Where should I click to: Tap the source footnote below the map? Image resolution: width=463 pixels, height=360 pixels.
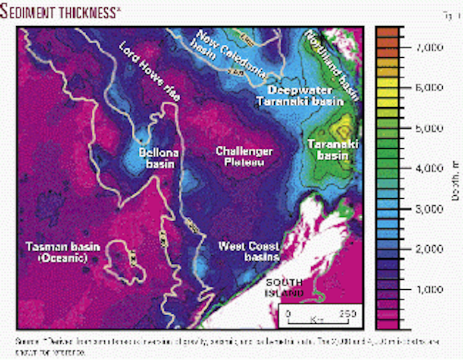(231, 346)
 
